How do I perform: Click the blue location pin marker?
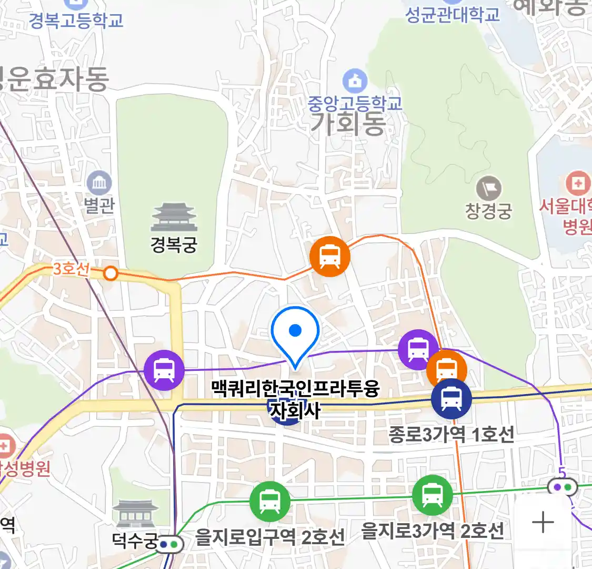(295, 332)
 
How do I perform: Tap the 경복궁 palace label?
(174, 244)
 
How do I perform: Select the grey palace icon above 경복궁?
(174, 217)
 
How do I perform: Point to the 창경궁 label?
(488, 211)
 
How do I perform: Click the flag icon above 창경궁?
(488, 189)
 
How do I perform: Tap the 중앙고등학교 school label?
(355, 102)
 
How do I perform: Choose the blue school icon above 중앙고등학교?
(355, 81)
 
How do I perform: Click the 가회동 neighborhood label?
(348, 124)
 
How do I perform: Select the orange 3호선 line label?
(71, 269)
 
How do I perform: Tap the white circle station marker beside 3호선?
(111, 273)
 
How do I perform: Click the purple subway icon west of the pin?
(164, 370)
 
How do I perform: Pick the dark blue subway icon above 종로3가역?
(451, 399)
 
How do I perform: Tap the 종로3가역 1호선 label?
(451, 435)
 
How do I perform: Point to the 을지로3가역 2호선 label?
(433, 531)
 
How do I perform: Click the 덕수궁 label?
(135, 541)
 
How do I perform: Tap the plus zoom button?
(543, 523)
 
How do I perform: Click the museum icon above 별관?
(98, 184)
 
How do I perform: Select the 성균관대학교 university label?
(453, 14)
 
